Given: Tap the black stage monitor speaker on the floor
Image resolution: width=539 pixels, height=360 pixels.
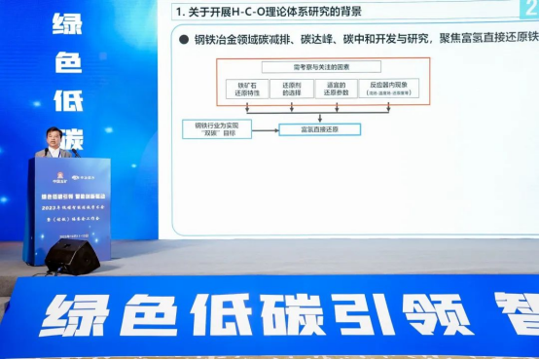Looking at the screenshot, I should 73,256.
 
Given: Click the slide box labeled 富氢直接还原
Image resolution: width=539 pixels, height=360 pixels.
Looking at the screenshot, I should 319,128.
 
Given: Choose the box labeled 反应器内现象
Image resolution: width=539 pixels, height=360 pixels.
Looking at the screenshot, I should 388,88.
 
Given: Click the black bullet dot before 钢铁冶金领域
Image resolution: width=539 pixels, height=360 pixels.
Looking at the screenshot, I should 183,40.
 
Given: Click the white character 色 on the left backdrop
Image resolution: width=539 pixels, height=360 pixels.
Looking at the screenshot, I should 67,61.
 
